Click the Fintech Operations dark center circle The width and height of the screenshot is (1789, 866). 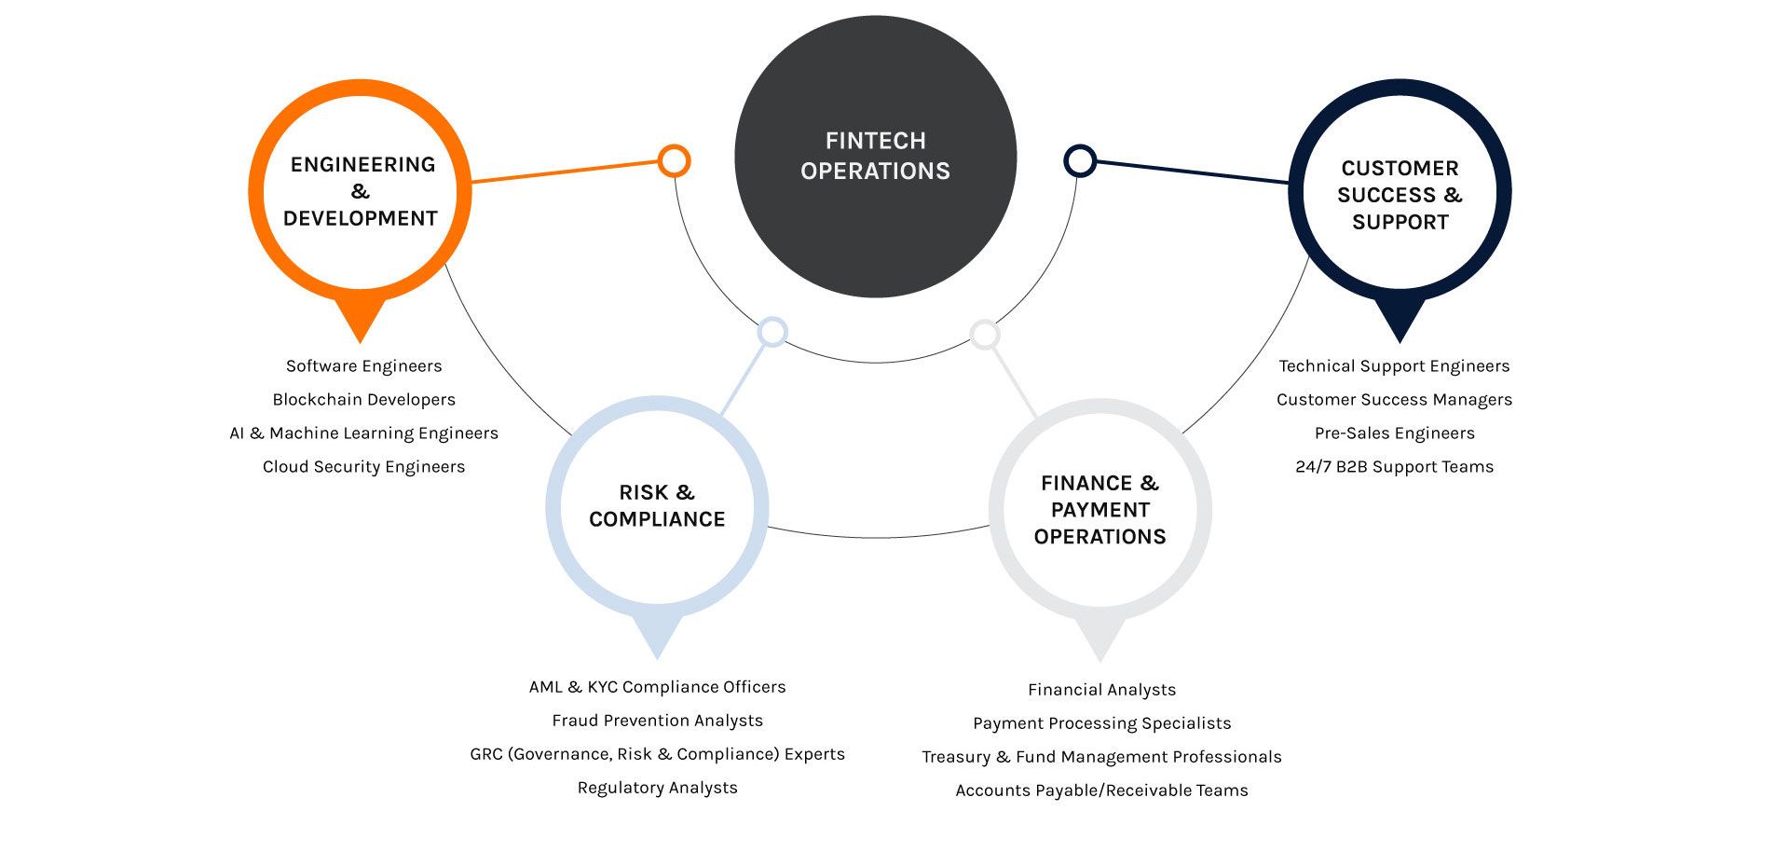coord(875,157)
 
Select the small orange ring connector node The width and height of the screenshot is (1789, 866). coord(673,160)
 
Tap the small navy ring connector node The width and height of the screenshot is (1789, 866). coord(1079,160)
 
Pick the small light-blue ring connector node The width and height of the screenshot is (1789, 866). coord(772,332)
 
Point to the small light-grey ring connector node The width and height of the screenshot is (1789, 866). coord(985,334)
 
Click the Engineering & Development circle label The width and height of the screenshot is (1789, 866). coord(361,191)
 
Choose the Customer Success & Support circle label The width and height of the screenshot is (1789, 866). coord(1400,195)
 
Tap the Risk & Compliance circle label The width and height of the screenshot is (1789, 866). coord(657,506)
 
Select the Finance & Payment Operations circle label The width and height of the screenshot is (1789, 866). coord(1099,510)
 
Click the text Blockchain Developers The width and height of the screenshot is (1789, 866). coord(363,400)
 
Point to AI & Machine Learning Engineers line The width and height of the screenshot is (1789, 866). coord(363,433)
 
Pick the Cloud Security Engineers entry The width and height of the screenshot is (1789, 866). coord(363,467)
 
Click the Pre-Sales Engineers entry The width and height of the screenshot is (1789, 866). coord(1394,433)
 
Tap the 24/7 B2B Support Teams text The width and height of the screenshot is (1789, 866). coord(1394,467)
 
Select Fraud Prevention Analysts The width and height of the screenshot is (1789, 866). coord(657,721)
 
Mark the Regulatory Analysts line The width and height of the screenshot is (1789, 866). coord(657,788)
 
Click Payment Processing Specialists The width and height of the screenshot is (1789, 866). coord(1101,723)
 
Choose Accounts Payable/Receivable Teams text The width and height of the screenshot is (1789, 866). coord(1101,790)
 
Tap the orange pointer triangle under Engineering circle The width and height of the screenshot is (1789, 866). coord(360,320)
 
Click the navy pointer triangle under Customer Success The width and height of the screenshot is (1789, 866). coord(1400,320)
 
